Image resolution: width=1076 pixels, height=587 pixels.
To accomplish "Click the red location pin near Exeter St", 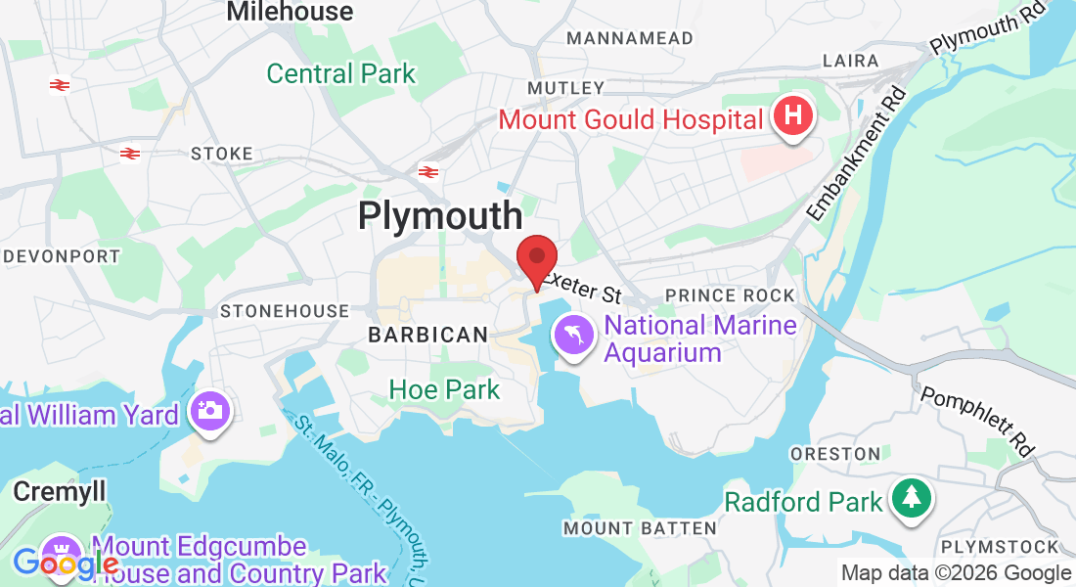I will click(536, 260).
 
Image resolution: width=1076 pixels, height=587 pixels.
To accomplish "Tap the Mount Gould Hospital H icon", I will click(793, 116).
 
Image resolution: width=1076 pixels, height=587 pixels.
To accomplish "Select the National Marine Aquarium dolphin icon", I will click(575, 337).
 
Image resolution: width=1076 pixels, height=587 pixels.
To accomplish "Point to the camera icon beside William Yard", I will click(207, 410).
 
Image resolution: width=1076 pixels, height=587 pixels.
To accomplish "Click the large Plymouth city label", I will click(440, 215).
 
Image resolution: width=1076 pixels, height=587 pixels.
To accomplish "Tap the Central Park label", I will click(340, 73).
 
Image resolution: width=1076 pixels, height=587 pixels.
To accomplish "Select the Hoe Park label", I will click(444, 389).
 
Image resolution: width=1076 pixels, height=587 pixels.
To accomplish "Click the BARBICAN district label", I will click(427, 335).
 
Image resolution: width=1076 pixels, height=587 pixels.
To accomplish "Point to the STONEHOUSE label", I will click(285, 311).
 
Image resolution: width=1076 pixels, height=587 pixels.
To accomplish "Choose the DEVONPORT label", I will click(62, 256).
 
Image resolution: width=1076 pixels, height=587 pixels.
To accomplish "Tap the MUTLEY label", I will click(566, 88).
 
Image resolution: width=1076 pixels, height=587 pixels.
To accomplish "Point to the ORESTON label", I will click(835, 454).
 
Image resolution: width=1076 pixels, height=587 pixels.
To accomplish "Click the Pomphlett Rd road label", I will click(978, 420).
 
